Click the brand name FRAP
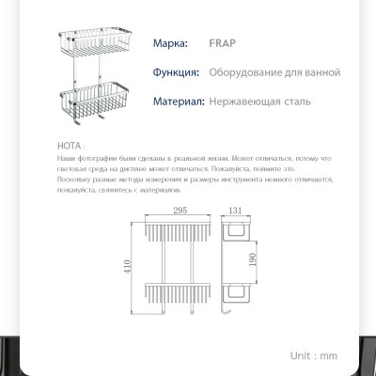pos(197,43)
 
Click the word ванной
pos(321,72)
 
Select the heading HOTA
pos(70,148)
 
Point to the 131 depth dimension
pos(236,212)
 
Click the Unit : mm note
pos(313,356)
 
